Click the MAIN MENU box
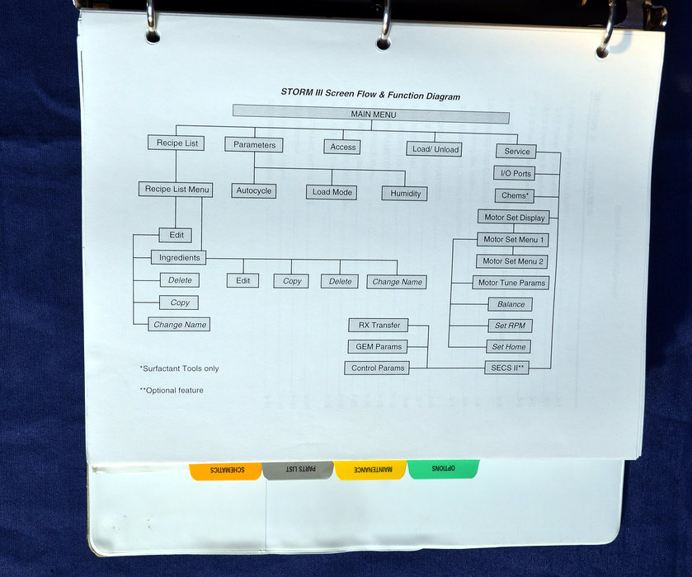[370, 115]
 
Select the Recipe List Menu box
[176, 190]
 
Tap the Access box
[343, 147]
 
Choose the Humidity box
[404, 194]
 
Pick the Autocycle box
[253, 190]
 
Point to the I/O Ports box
[516, 173]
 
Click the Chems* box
[516, 195]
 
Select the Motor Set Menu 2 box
[513, 261]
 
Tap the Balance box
[511, 304]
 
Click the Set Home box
[509, 347]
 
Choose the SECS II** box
[506, 368]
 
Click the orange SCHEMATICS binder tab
[224, 470]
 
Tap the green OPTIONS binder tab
[443, 467]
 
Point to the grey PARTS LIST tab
[297, 470]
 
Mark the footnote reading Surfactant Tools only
[180, 368]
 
